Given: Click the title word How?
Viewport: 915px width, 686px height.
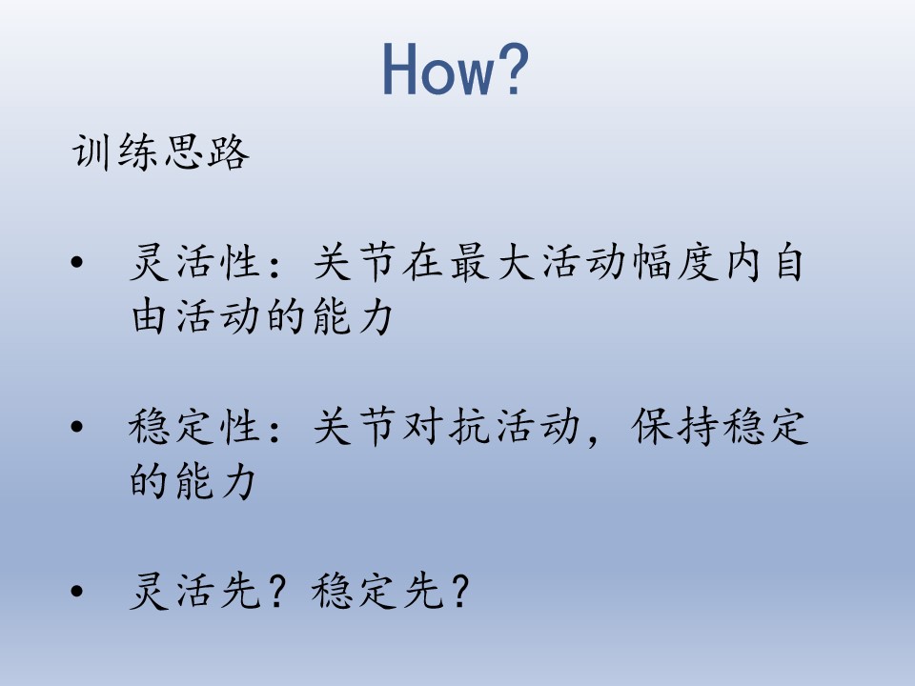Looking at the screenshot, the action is (456, 69).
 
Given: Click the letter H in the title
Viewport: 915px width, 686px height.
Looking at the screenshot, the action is (400, 70).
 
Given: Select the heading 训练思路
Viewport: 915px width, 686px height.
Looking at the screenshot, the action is (160, 151).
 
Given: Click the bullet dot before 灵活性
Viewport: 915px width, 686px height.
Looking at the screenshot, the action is (77, 263).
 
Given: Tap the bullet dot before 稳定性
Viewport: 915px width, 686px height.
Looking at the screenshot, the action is (77, 427).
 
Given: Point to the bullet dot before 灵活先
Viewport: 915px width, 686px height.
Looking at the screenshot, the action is (77, 592).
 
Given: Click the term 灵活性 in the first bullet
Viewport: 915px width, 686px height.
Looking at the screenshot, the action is (194, 263).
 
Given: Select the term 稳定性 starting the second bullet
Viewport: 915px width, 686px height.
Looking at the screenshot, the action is (194, 427).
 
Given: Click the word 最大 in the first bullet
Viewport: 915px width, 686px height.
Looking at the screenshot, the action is (493, 263).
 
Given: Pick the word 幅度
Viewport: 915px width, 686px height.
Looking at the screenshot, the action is (676, 263).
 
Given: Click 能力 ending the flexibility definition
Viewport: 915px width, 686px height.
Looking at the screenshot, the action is (353, 317).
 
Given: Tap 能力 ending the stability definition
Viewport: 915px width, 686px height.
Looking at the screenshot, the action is (215, 482).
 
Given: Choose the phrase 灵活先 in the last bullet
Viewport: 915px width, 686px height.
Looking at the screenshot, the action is (194, 592).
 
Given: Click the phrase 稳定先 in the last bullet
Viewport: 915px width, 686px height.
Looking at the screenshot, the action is (377, 592).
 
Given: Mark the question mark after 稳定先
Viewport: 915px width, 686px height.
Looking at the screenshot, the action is (459, 592).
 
